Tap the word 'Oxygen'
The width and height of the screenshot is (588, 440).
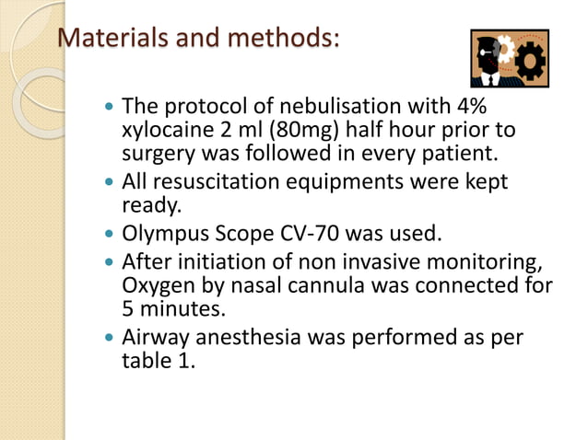coord(159,284)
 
